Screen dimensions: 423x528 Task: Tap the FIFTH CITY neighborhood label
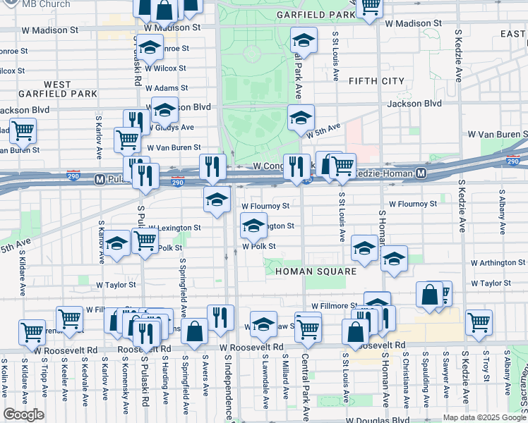pyautogui.click(x=376, y=81)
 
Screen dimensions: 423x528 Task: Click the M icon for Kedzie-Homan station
pyautogui.click(x=421, y=173)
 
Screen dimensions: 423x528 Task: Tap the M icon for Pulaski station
pyautogui.click(x=100, y=180)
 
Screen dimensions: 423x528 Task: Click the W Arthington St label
pyautogui.click(x=496, y=262)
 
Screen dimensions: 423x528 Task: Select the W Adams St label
pyautogui.click(x=167, y=88)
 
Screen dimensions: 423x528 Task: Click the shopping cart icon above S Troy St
pyautogui.click(x=479, y=321)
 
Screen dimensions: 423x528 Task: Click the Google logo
pyautogui.click(x=23, y=415)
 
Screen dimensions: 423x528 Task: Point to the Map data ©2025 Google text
pyautogui.click(x=484, y=417)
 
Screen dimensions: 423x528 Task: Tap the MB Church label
pyautogui.click(x=46, y=4)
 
